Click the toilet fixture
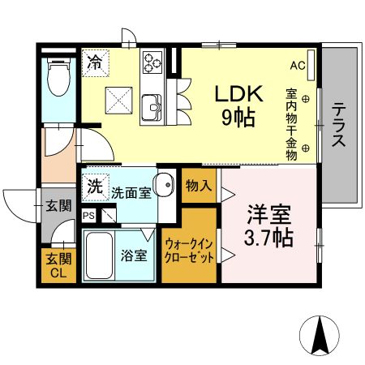pyautogui.click(x=58, y=80)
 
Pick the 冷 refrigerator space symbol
pyautogui.click(x=94, y=62)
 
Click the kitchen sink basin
pyautogui.click(x=152, y=106)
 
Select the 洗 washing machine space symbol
pyautogui.click(x=94, y=186)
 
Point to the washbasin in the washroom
pyautogui.click(x=165, y=185)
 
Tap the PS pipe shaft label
pyautogui.click(x=89, y=216)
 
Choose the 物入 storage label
pyautogui.click(x=199, y=187)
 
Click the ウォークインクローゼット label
pyautogui.click(x=190, y=251)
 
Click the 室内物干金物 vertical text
pyautogui.click(x=290, y=122)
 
